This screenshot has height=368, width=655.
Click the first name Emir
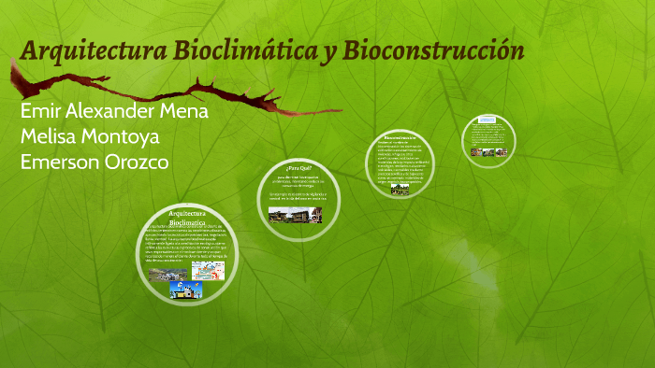pos(39,110)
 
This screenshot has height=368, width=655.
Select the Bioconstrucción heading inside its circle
pos(399,137)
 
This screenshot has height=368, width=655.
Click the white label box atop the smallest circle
pos(487,120)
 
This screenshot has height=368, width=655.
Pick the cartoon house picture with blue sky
pos(185,290)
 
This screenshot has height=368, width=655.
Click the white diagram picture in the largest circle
pos(208,270)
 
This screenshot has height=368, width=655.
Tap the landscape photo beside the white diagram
pos(168,274)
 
